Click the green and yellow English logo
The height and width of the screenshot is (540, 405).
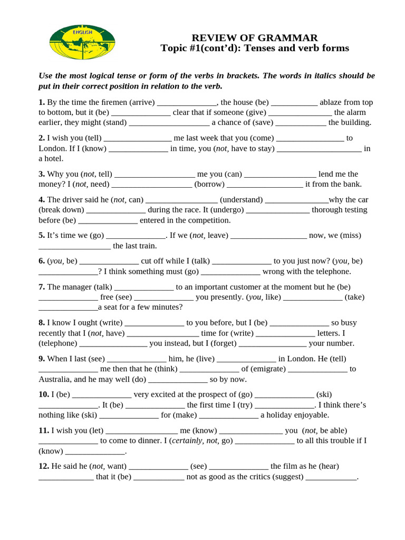82,42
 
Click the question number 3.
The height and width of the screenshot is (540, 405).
41,174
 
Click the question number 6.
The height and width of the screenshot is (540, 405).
41,261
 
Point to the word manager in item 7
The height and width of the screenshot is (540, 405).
77,287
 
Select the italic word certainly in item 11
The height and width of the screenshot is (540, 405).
187,441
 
